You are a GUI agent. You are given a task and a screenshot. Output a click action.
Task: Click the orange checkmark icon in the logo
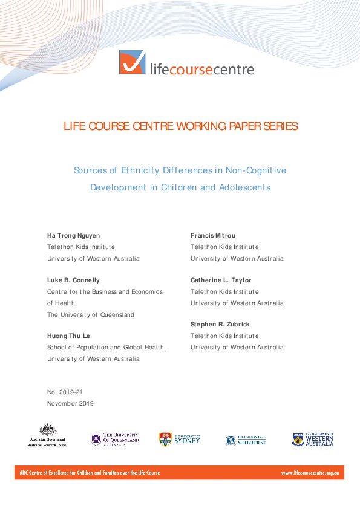click(x=132, y=63)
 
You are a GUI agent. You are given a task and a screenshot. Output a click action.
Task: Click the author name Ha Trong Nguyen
click(x=74, y=235)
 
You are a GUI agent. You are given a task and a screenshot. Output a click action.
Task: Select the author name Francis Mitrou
click(x=212, y=235)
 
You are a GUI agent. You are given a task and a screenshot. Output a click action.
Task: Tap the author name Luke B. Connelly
click(x=74, y=280)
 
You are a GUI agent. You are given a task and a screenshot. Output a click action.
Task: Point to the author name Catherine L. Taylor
click(x=221, y=280)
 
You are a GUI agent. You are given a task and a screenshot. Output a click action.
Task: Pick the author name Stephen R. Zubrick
click(x=220, y=325)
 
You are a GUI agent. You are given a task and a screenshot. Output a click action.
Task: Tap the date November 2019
click(x=70, y=403)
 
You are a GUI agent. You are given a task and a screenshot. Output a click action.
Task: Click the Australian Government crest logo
click(x=47, y=435)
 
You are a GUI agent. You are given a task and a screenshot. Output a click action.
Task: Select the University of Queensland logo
click(x=114, y=438)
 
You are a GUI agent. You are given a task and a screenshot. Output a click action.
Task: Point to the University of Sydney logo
click(x=179, y=438)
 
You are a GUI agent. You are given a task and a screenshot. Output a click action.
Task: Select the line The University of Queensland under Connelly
click(x=91, y=314)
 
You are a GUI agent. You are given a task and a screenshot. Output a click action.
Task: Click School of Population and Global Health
click(x=106, y=348)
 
